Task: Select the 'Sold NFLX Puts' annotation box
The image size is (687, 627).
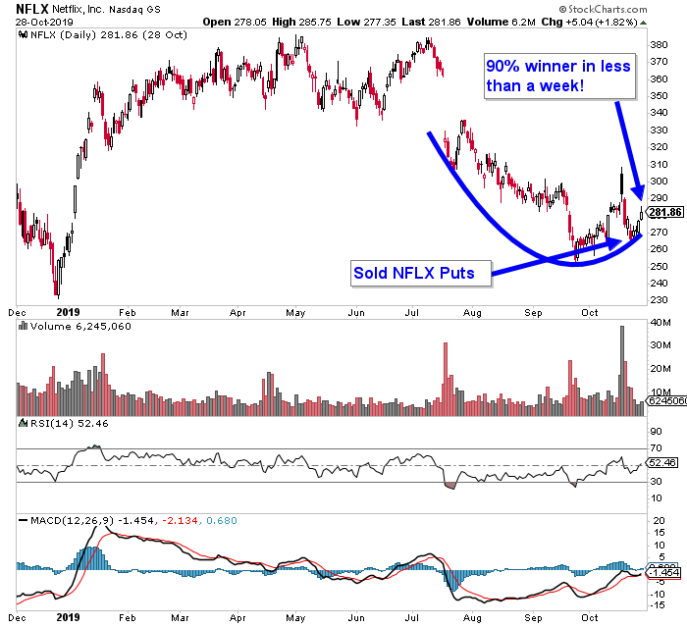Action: [419, 273]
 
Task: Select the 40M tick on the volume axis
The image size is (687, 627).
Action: [659, 323]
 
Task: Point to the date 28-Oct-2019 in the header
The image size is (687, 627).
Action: [35, 21]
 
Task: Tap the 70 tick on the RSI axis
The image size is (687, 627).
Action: [655, 448]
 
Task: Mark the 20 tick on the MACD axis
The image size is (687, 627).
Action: [655, 531]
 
